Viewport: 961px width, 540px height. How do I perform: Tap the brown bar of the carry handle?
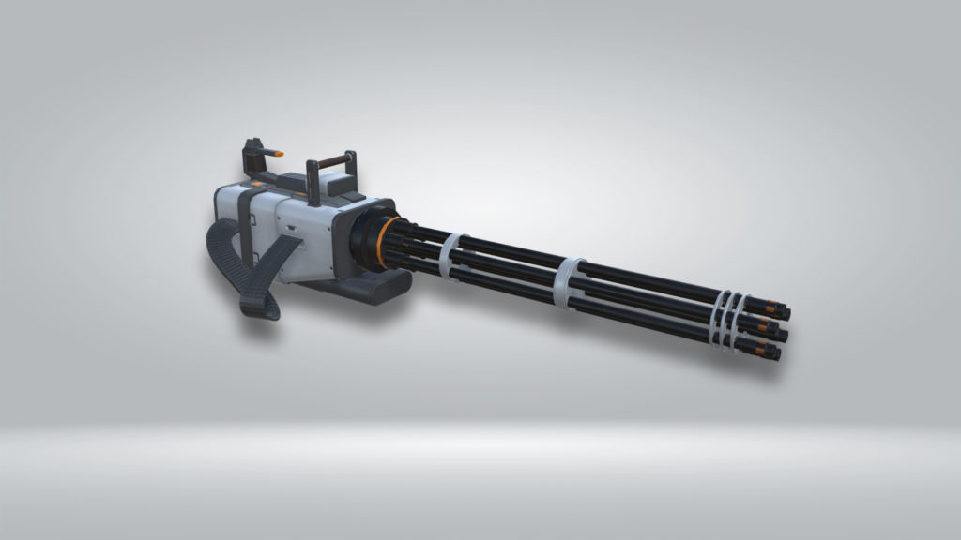click(x=329, y=161)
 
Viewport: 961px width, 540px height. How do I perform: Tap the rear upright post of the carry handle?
click(x=312, y=181)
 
